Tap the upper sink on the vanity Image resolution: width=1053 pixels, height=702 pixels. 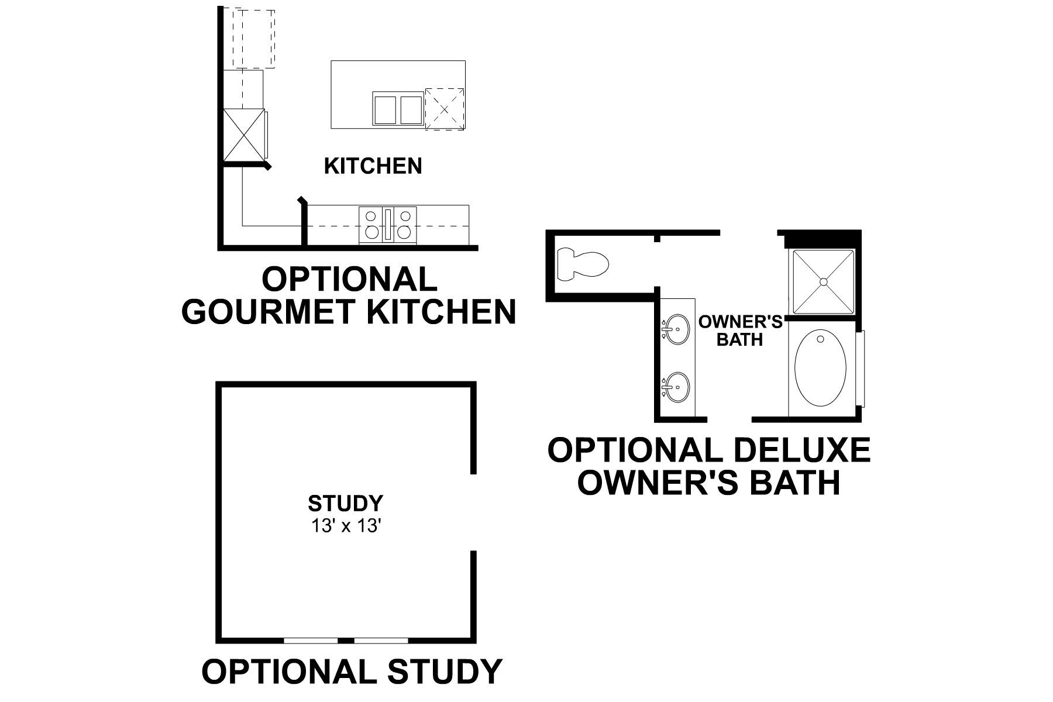pos(676,330)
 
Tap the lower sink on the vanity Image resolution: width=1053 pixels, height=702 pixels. pos(676,387)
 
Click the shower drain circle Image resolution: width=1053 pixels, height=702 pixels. pos(823,282)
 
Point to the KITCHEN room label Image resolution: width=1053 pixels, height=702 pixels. pos(373,166)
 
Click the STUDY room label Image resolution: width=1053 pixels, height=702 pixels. pos(346,503)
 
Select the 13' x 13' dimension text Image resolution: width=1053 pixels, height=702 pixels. pos(346,526)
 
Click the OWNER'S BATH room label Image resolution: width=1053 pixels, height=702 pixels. pos(741,330)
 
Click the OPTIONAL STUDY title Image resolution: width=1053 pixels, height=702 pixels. pos(352,671)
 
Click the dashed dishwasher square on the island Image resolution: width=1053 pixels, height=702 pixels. pos(445,109)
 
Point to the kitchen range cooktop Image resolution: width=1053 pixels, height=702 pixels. pos(387,225)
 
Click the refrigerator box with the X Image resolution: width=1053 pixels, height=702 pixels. pos(243,135)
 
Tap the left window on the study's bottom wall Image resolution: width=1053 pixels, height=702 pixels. pos(311,641)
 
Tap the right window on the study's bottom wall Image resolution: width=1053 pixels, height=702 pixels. pos(381,641)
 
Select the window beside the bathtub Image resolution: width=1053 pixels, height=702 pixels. pos(861,369)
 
